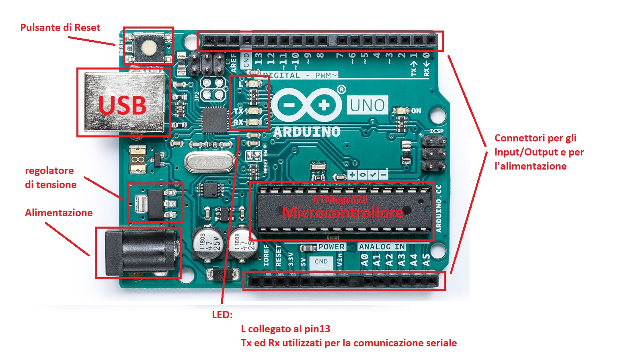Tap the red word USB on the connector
(x=122, y=105)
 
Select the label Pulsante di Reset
(x=60, y=27)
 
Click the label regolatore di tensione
(x=51, y=177)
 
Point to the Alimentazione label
(x=59, y=213)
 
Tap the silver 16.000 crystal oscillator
(x=209, y=163)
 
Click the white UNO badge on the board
(x=367, y=105)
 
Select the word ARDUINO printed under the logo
(x=307, y=131)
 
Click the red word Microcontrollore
(x=343, y=213)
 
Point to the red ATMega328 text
(x=340, y=199)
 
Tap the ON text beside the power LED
(x=416, y=111)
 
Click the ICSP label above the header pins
(x=437, y=131)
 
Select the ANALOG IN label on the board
(x=382, y=247)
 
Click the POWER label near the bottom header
(x=331, y=247)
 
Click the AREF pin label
(x=234, y=63)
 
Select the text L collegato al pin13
(x=285, y=329)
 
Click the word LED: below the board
(x=222, y=315)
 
